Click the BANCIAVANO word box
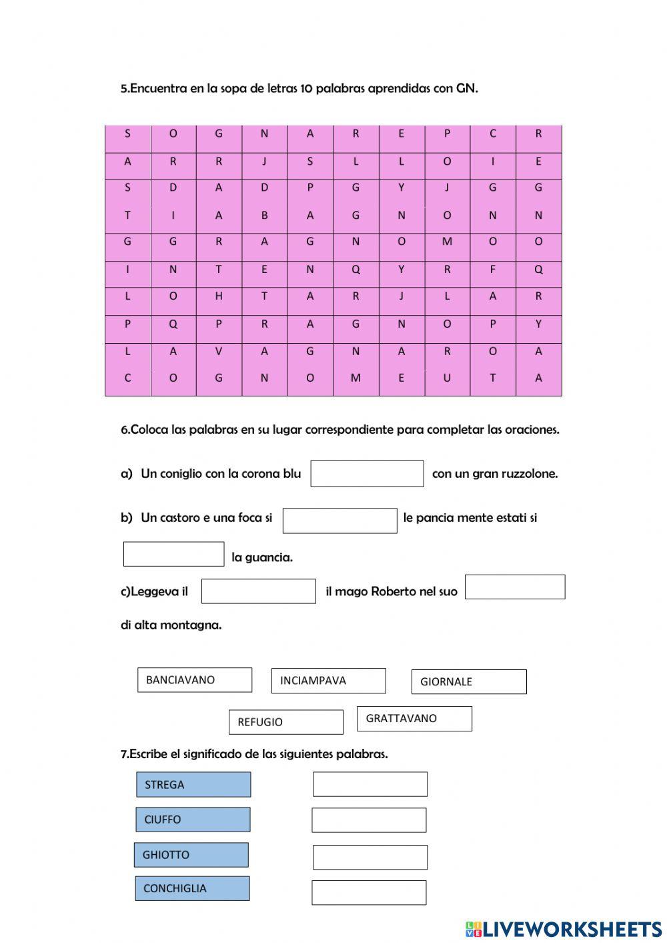pyautogui.click(x=195, y=680)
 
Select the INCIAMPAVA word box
pyautogui.click(x=328, y=681)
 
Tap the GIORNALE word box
pyautogui.click(x=469, y=682)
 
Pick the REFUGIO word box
pyautogui.click(x=285, y=722)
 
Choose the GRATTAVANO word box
pyautogui.click(x=414, y=719)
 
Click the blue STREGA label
pyautogui.click(x=193, y=785)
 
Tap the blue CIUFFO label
pyautogui.click(x=193, y=820)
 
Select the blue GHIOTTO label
pyautogui.click(x=191, y=855)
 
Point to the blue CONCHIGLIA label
pyautogui.click(x=192, y=888)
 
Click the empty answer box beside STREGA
pyautogui.click(x=370, y=784)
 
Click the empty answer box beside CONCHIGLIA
pyautogui.click(x=369, y=892)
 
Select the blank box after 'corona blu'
pyautogui.click(x=367, y=474)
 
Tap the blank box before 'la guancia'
pyautogui.click(x=173, y=554)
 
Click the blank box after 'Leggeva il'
pyautogui.click(x=258, y=591)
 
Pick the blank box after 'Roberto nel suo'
pyautogui.click(x=515, y=587)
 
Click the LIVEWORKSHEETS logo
pyautogui.click(x=564, y=929)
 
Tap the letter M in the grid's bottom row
pyautogui.click(x=356, y=378)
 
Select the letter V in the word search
pyautogui.click(x=219, y=351)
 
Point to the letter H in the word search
pyautogui.click(x=219, y=296)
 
